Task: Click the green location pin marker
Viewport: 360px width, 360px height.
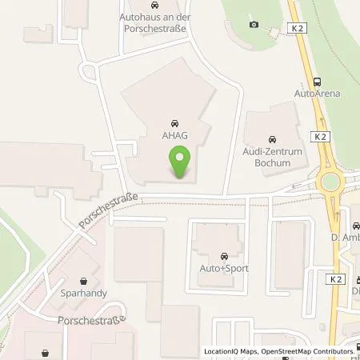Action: [181, 162]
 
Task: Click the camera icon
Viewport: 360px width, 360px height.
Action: [254, 24]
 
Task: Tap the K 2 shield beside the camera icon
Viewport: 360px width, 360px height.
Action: [297, 27]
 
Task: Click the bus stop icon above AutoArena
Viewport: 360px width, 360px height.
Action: [318, 81]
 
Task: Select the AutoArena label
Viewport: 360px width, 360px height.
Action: [318, 94]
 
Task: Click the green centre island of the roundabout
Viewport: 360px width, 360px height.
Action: [327, 183]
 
